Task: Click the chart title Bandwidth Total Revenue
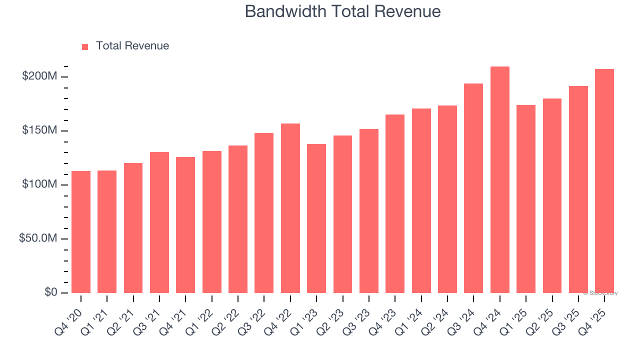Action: point(342,11)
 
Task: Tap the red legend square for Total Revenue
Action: point(85,46)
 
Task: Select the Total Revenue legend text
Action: point(132,46)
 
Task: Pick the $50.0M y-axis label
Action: point(38,238)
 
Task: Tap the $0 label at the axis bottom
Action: point(50,292)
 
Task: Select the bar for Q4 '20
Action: point(81,232)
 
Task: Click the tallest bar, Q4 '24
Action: point(500,180)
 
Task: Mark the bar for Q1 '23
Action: point(316,218)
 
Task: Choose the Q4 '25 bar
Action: point(604,181)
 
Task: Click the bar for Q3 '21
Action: point(159,222)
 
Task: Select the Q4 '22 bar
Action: point(290,208)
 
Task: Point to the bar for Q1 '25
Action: point(526,199)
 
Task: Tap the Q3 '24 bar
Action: point(473,188)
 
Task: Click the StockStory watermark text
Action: point(600,293)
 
